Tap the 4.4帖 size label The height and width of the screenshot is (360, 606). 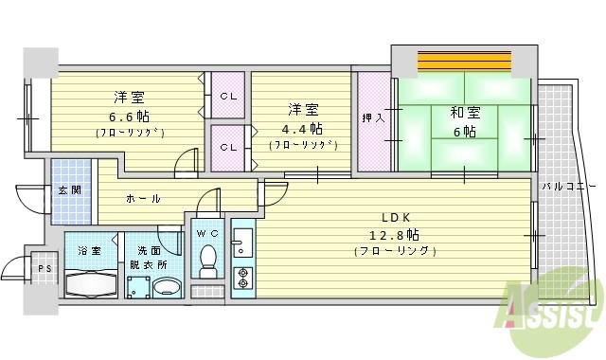coord(302,128)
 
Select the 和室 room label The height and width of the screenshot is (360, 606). coord(465,111)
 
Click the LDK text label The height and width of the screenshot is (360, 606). coord(395,215)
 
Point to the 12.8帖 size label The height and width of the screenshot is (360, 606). coord(395,234)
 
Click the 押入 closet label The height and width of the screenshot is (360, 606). coord(372,118)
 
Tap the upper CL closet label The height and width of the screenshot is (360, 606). coord(228,96)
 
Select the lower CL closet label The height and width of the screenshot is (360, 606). coord(228,148)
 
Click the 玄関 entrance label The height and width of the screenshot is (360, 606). coord(70,189)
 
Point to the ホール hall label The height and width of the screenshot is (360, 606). coord(143,199)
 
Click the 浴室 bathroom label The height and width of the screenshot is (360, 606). coord(90,251)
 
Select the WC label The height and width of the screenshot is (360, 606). coord(207,234)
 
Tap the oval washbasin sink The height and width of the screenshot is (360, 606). coord(167,288)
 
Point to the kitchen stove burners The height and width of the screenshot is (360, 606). coord(241,278)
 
